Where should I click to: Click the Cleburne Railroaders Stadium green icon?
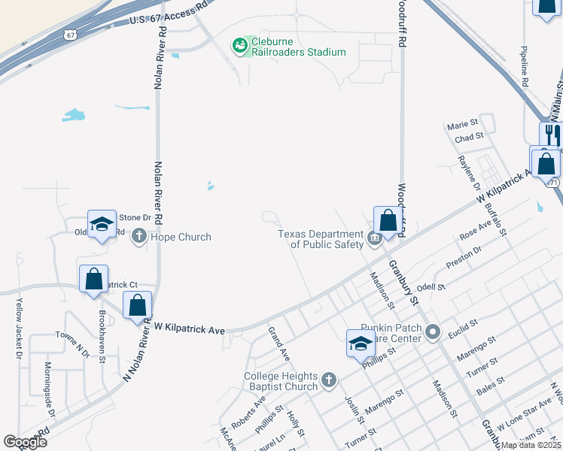click(x=240, y=47)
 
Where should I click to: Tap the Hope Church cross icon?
click(x=138, y=238)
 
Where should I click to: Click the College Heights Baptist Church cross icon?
click(x=328, y=381)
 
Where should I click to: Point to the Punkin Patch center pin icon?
click(x=432, y=331)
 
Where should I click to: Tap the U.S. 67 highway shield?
click(x=70, y=35)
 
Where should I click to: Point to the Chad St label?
click(x=468, y=138)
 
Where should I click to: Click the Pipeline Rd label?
click(x=524, y=64)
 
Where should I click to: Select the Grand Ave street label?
click(x=279, y=344)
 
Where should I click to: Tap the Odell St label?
click(x=431, y=287)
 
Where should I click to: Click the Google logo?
click(x=26, y=442)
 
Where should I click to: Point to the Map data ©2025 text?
click(x=530, y=445)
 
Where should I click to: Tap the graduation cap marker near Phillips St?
click(x=361, y=344)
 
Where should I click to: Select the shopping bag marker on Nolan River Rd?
click(x=138, y=306)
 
